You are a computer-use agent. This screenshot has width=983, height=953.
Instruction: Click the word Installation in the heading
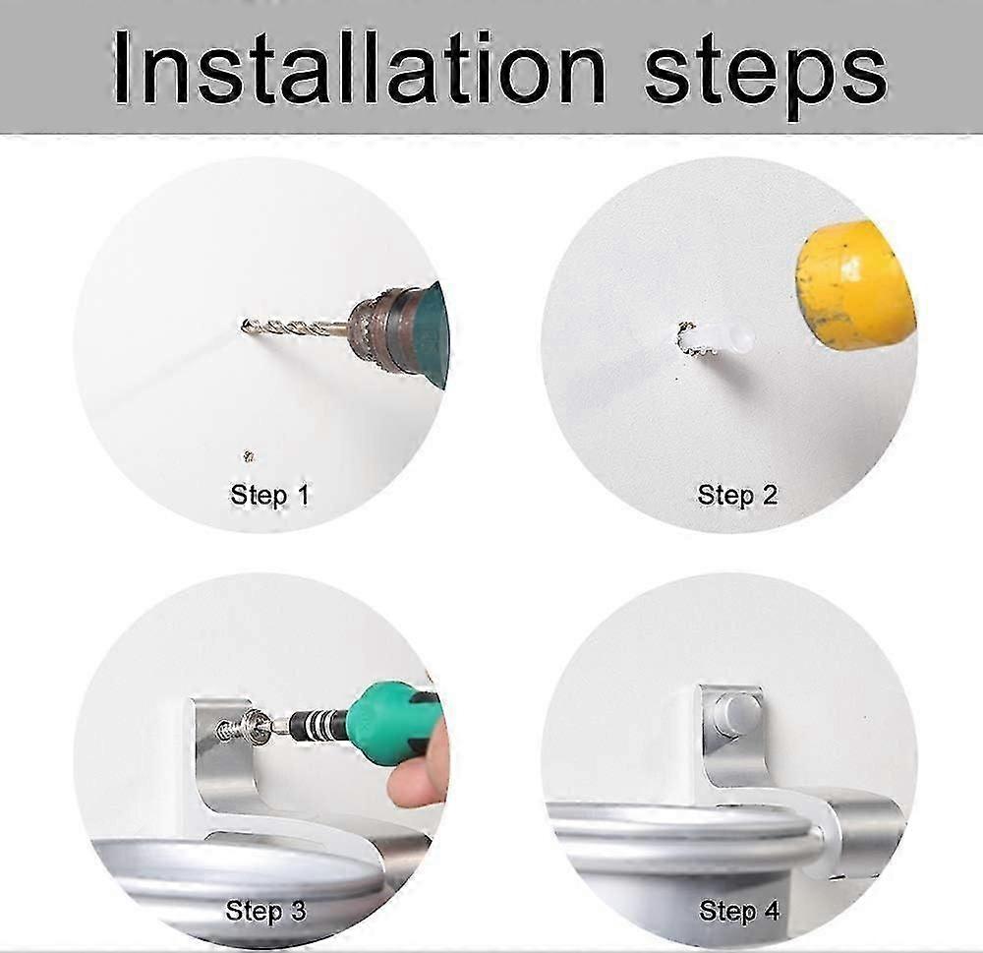pos(359,68)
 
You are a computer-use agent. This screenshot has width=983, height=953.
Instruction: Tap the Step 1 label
pos(270,495)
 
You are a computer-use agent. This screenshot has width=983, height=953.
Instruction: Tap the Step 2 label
pos(738,495)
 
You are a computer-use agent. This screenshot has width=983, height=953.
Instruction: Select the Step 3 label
pos(265,911)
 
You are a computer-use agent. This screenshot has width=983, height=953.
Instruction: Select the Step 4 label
pos(739,911)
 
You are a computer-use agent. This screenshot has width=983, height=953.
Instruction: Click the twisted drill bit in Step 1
pos(295,328)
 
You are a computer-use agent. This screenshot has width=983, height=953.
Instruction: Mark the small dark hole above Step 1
pos(249,456)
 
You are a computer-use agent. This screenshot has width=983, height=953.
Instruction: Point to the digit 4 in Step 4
pos(771,910)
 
